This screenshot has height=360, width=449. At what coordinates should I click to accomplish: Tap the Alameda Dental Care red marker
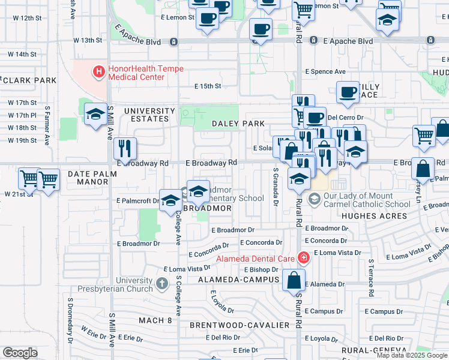tap(304, 258)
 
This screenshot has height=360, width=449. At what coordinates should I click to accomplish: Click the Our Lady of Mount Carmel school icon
tap(313, 198)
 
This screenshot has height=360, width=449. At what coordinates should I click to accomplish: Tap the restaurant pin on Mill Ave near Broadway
tap(125, 148)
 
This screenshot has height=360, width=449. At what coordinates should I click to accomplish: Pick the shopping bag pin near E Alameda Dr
tap(294, 280)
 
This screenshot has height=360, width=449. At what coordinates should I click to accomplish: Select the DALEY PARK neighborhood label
tap(238, 124)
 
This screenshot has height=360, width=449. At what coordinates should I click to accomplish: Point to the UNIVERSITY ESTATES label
tap(149, 115)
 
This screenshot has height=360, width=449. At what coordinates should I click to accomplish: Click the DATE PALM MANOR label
tap(88, 178)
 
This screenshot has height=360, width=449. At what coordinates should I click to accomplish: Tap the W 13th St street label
tap(88, 40)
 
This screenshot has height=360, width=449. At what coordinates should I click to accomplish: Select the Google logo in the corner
tap(20, 353)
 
